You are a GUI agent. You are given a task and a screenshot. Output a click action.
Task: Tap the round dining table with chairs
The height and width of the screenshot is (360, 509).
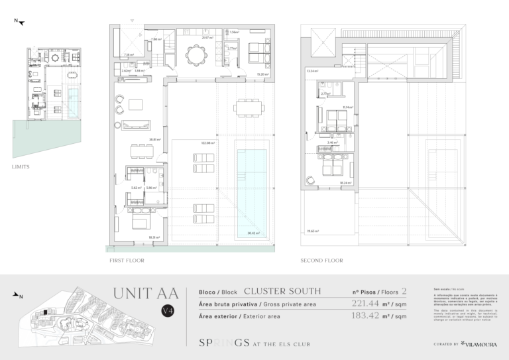(195, 54)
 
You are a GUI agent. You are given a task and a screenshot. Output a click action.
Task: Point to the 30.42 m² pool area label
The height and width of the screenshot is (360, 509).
(252, 233)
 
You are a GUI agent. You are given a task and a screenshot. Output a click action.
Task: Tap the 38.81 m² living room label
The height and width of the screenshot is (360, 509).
(155, 139)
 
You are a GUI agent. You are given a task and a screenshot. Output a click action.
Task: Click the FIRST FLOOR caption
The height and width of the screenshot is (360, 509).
(126, 261)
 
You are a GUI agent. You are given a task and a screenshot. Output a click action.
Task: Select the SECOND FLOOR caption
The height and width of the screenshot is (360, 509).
(321, 261)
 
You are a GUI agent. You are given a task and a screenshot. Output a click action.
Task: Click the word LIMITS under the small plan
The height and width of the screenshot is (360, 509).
(21, 166)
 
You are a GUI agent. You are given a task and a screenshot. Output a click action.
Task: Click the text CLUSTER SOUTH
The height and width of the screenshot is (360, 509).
(282, 291)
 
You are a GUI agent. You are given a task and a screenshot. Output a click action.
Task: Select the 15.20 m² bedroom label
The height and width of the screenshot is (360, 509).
(262, 74)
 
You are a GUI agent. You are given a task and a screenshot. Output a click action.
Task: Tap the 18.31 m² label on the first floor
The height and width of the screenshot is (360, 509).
(154, 237)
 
